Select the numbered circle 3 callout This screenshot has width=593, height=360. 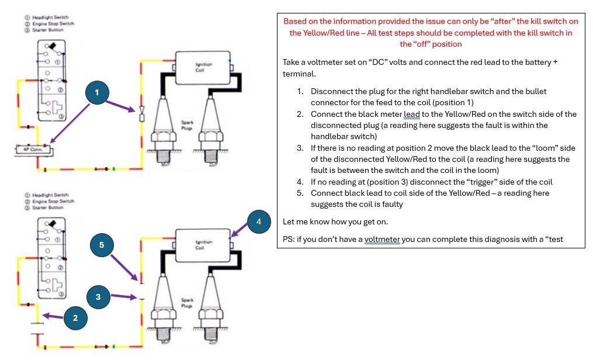(x=98, y=297)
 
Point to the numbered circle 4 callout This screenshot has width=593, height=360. (x=259, y=221)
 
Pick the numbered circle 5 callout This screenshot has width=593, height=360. (x=102, y=245)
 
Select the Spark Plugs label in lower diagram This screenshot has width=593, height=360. (x=188, y=303)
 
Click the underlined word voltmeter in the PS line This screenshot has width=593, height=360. (x=382, y=239)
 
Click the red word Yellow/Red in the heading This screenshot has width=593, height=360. (x=324, y=33)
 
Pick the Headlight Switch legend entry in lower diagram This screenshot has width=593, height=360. (x=51, y=195)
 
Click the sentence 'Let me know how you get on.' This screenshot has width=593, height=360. (x=335, y=222)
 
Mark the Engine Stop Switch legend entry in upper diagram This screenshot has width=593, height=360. (x=54, y=23)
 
